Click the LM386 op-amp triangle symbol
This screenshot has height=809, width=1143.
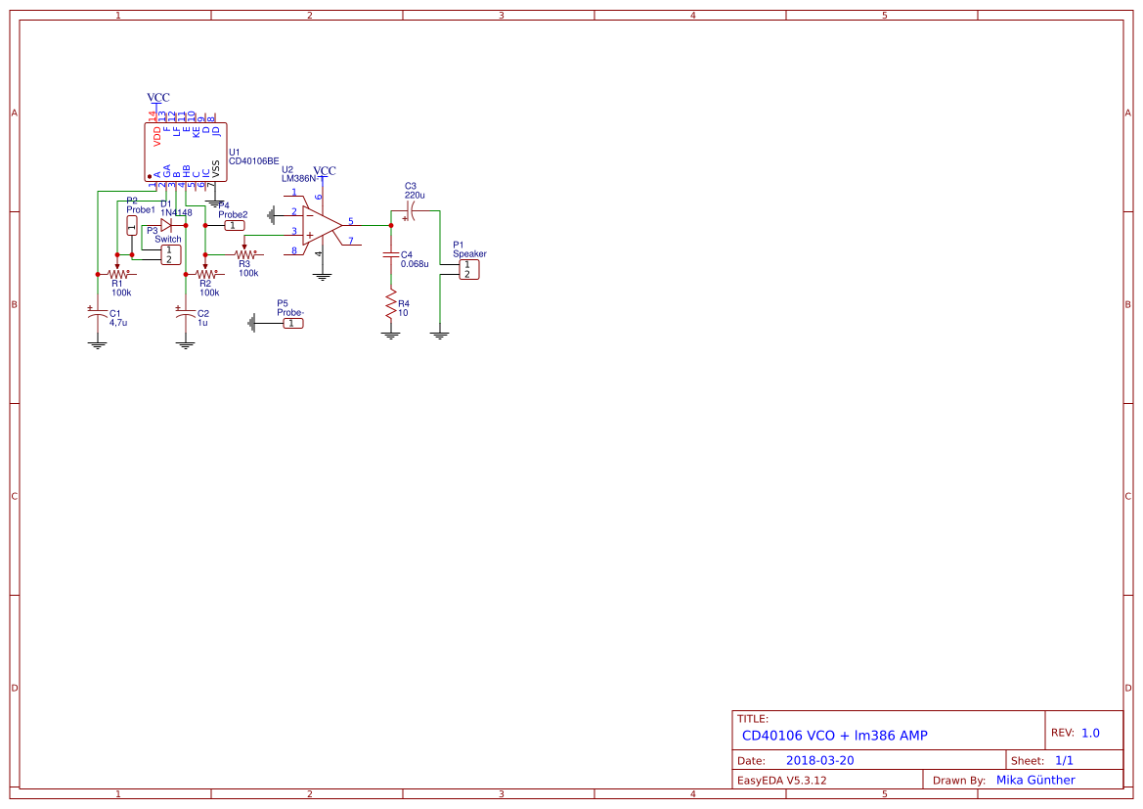(321, 226)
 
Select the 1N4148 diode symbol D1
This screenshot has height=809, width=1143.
(166, 224)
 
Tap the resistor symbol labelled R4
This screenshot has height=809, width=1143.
(391, 305)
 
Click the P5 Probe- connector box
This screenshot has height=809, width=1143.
(293, 323)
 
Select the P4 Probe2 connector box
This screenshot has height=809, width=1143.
(235, 225)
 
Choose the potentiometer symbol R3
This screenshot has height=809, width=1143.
(244, 253)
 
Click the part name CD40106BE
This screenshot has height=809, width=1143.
(253, 161)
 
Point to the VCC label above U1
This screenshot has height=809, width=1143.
(157, 98)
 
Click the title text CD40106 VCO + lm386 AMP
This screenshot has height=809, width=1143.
(834, 735)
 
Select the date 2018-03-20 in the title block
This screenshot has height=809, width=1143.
(819, 760)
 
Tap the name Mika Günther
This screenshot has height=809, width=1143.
(1034, 780)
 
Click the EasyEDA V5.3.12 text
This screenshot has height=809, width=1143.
(781, 780)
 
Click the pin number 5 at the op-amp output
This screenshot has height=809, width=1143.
(351, 221)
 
